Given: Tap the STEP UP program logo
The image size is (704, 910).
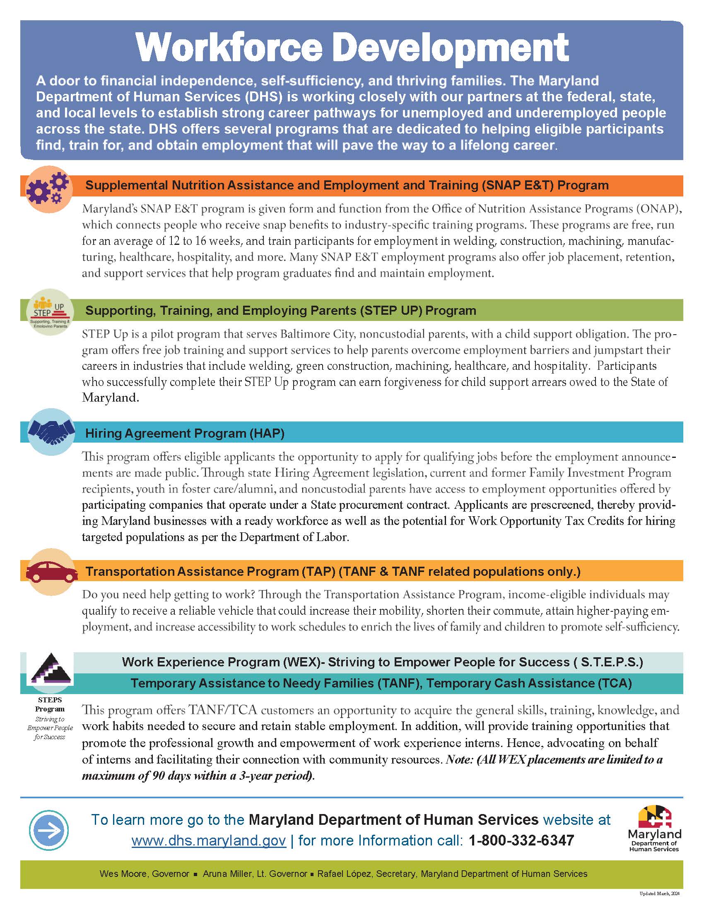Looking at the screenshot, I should pos(50,312).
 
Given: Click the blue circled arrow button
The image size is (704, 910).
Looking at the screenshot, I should pos(49,831).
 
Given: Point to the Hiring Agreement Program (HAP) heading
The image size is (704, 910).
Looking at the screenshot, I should pos(185,433).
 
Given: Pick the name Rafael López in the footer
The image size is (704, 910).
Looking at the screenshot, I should pos(345,873).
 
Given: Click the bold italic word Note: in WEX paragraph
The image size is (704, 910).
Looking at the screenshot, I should pos(460,759).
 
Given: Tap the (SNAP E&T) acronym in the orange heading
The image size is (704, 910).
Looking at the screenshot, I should pos(517,185).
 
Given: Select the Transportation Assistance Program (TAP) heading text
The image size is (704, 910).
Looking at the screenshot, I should pos(210,571).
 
